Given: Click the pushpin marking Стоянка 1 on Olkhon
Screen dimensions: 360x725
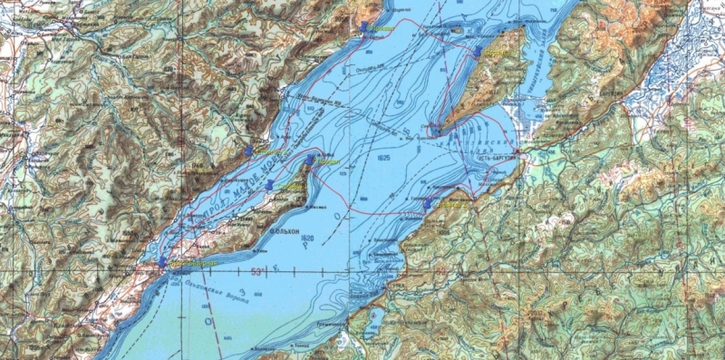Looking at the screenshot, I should (x=270, y=184).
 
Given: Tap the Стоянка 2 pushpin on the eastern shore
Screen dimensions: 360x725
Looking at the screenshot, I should (x=428, y=204).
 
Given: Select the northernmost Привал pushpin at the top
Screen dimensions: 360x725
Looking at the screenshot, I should (x=363, y=27).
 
